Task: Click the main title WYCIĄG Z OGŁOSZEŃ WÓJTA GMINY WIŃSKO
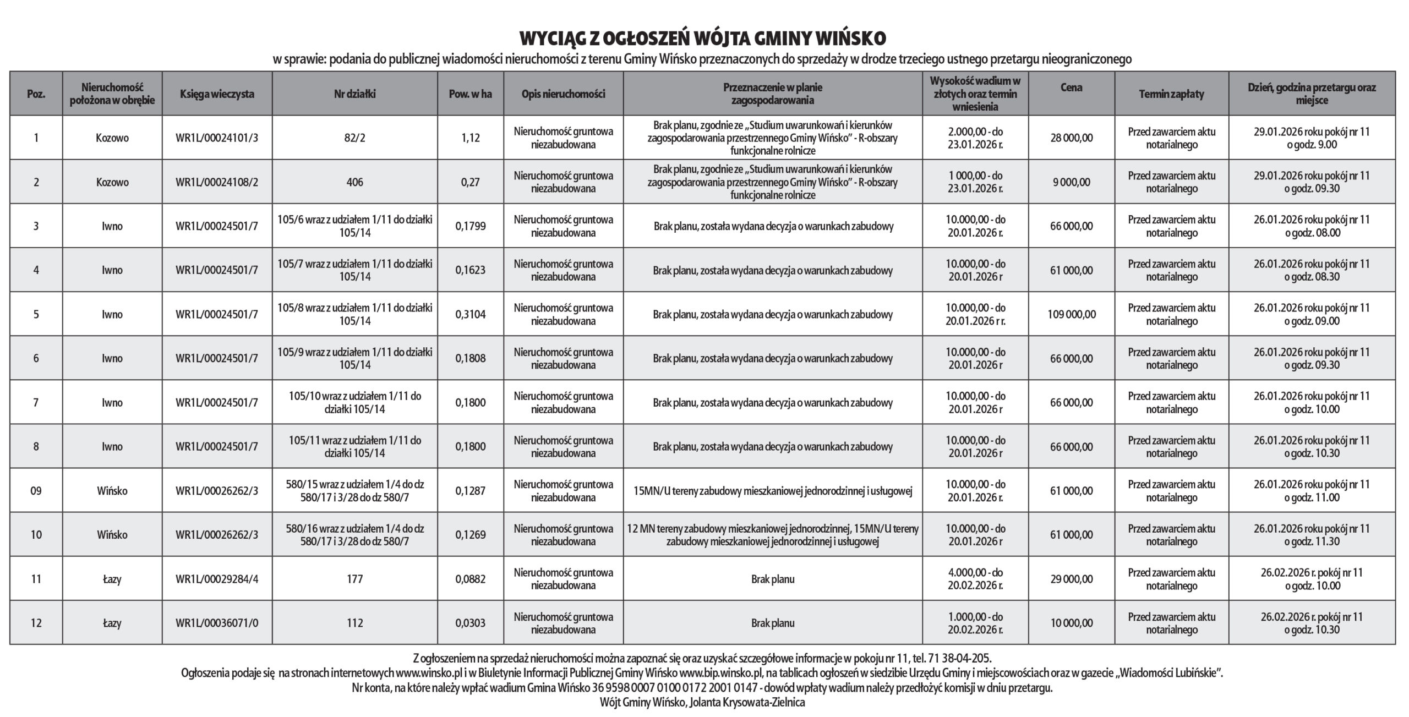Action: [x=703, y=39]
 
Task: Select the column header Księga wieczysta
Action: [x=217, y=94]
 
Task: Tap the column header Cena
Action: [x=1071, y=87]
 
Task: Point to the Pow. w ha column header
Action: [x=470, y=94]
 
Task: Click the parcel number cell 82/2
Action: [x=354, y=138]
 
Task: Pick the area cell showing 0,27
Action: [x=470, y=182]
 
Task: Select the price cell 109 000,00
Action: [x=1071, y=315]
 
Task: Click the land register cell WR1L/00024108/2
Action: [x=217, y=182]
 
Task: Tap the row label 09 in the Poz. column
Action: [x=36, y=491]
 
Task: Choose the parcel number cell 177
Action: [x=354, y=579]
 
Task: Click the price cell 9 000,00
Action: [x=1071, y=182]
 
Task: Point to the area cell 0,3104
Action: [x=470, y=315]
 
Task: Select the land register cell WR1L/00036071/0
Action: [x=217, y=623]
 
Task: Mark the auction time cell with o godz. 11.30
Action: [x=1312, y=535]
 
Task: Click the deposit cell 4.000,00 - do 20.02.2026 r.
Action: [x=975, y=579]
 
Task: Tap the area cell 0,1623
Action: [x=470, y=270]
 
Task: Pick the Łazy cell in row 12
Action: [x=112, y=623]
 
